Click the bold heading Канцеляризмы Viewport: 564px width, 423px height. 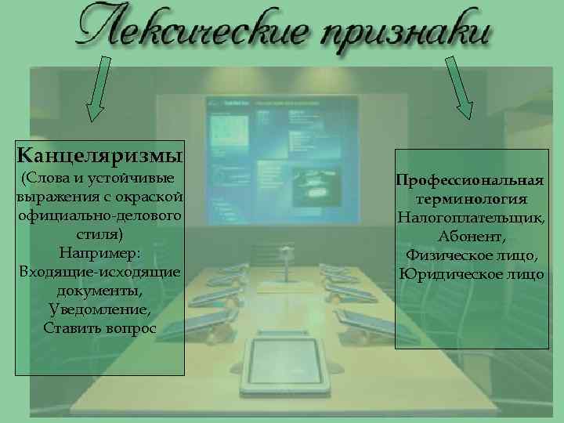[x=100, y=150]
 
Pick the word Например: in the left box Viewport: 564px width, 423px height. [x=99, y=253]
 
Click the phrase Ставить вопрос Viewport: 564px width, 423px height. [x=99, y=328]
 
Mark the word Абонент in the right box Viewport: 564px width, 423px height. [x=470, y=236]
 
